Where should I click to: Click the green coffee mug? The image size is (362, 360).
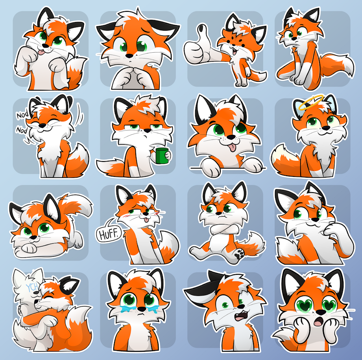click(x=162, y=156)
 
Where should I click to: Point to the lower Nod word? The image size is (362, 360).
click(x=22, y=130)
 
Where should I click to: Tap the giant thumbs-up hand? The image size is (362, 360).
click(x=199, y=46)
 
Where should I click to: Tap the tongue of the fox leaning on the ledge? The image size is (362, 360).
click(x=232, y=147)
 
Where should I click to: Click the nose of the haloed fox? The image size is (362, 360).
click(x=326, y=128)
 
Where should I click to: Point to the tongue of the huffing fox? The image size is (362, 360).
click(x=146, y=220)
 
